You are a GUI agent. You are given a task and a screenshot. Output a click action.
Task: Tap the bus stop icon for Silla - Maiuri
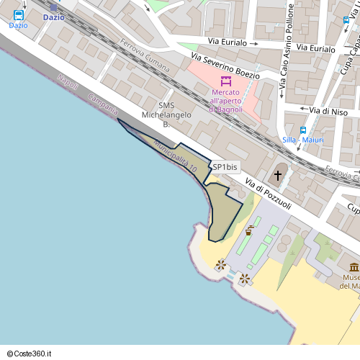303,130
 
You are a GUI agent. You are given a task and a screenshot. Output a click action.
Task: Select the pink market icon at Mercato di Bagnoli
226,81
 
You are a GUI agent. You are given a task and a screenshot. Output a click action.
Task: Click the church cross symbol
278,175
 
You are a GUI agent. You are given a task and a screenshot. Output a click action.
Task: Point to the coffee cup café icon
249,230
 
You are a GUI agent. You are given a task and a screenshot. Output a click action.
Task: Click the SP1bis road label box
225,167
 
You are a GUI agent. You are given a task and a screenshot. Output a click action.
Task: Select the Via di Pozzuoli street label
267,194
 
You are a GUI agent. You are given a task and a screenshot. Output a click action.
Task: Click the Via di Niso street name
328,111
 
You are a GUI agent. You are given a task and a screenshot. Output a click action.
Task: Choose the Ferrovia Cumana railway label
145,59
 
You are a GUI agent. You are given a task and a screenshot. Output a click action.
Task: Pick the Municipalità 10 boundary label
175,158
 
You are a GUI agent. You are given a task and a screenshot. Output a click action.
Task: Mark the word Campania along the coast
102,105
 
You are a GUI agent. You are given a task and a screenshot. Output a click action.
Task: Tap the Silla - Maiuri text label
303,140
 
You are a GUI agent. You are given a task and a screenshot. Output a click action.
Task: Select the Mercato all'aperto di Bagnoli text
226,101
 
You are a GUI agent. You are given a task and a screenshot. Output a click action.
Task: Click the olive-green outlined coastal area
223,212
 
